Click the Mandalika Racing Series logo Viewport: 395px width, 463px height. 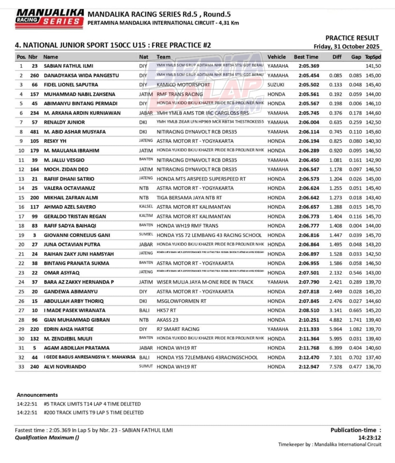(x=49, y=18)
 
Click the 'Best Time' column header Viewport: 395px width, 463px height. (x=306, y=57)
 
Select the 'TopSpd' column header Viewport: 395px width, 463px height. (x=373, y=57)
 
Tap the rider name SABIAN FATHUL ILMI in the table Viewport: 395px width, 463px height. (x=68, y=66)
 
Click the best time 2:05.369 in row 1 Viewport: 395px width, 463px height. (x=309, y=66)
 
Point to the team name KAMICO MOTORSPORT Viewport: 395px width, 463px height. (x=183, y=85)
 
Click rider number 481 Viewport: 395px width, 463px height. (x=34, y=132)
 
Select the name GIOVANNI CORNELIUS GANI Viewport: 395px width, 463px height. (x=77, y=235)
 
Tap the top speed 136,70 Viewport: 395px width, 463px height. (x=373, y=366)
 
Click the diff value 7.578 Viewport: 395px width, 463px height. (x=336, y=366)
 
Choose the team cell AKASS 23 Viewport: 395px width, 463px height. (x=167, y=320)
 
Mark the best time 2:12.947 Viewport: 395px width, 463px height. (x=309, y=366)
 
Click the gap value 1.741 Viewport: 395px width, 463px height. (x=355, y=320)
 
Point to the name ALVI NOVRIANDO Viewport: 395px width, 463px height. (x=65, y=366)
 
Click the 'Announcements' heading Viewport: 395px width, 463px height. (x=37, y=395)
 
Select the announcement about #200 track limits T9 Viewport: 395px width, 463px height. (x=93, y=412)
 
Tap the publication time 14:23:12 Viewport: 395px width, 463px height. (x=369, y=437)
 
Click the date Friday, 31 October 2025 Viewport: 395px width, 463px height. (x=346, y=46)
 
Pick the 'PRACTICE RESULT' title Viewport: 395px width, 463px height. (x=352, y=38)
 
